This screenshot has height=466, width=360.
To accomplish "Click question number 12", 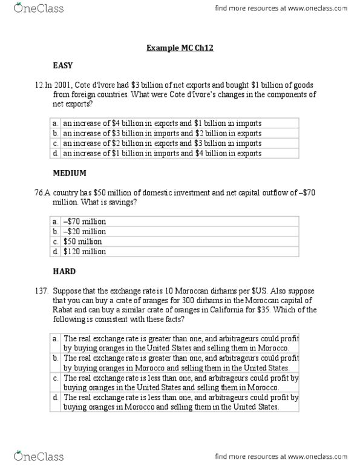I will pyautogui.click(x=39, y=85).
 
